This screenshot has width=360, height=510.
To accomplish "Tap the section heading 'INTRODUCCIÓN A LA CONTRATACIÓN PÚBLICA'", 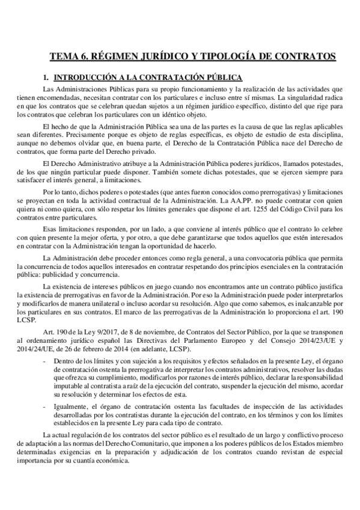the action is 148,78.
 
